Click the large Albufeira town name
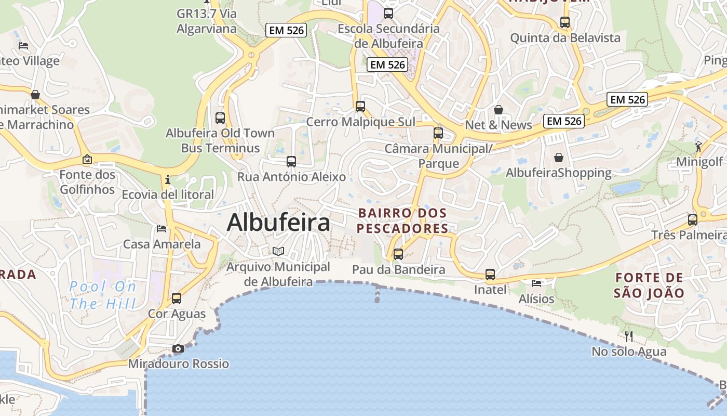tap(278, 223)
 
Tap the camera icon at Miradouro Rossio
tap(178, 348)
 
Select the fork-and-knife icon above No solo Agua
tap(629, 336)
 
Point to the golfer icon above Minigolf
tap(699, 146)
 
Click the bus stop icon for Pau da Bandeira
tap(398, 254)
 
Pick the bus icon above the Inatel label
tap(490, 274)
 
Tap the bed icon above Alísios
tap(536, 283)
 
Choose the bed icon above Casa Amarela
tap(161, 228)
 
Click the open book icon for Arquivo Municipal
tap(279, 251)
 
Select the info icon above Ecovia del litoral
tap(167, 180)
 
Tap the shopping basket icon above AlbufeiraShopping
tap(559, 157)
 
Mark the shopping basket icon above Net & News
tap(499, 109)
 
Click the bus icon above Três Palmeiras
tap(693, 219)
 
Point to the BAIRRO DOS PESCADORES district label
tap(402, 220)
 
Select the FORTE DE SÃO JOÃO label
tap(649, 285)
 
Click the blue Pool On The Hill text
tap(103, 295)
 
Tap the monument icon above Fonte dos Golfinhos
tap(87, 159)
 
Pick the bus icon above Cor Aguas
tap(177, 298)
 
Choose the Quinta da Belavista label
tap(565, 38)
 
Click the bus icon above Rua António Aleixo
tap(291, 162)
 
